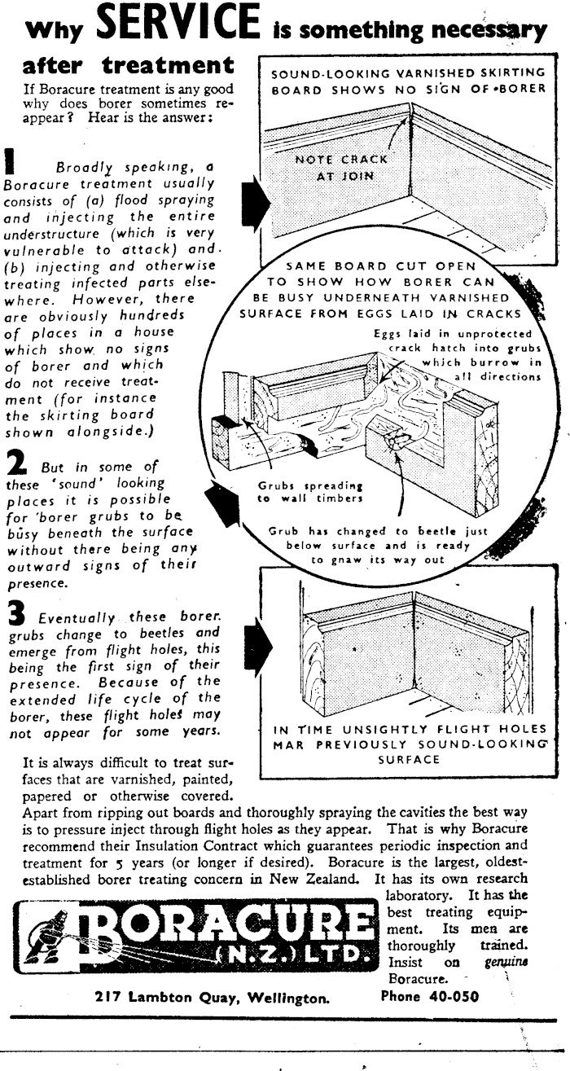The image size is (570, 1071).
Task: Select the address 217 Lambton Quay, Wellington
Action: click(212, 995)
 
